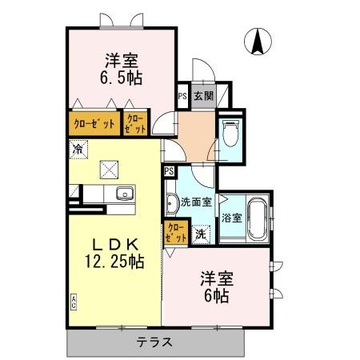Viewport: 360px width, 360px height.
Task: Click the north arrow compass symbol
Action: click(x=258, y=42)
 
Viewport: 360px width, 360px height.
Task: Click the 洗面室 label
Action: click(x=196, y=202)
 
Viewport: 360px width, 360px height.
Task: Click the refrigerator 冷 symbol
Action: click(x=78, y=148)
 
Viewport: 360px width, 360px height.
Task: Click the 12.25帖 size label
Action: click(x=115, y=261)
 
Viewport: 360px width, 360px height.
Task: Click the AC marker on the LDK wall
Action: click(x=74, y=301)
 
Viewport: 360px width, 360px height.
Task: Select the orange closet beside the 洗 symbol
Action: click(x=175, y=233)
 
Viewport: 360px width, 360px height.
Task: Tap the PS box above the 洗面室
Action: click(x=169, y=171)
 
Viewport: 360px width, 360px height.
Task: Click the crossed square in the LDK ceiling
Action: click(x=110, y=169)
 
